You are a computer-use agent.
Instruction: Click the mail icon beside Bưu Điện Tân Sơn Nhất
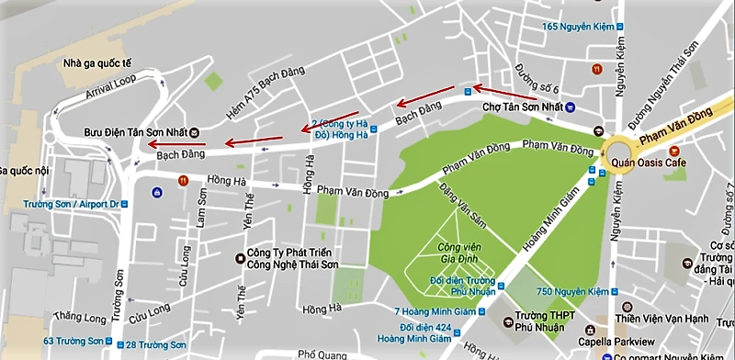pos(195,132)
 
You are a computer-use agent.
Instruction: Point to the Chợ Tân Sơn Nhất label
pos(522,107)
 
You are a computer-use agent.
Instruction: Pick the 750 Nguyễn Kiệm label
pos(580,292)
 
